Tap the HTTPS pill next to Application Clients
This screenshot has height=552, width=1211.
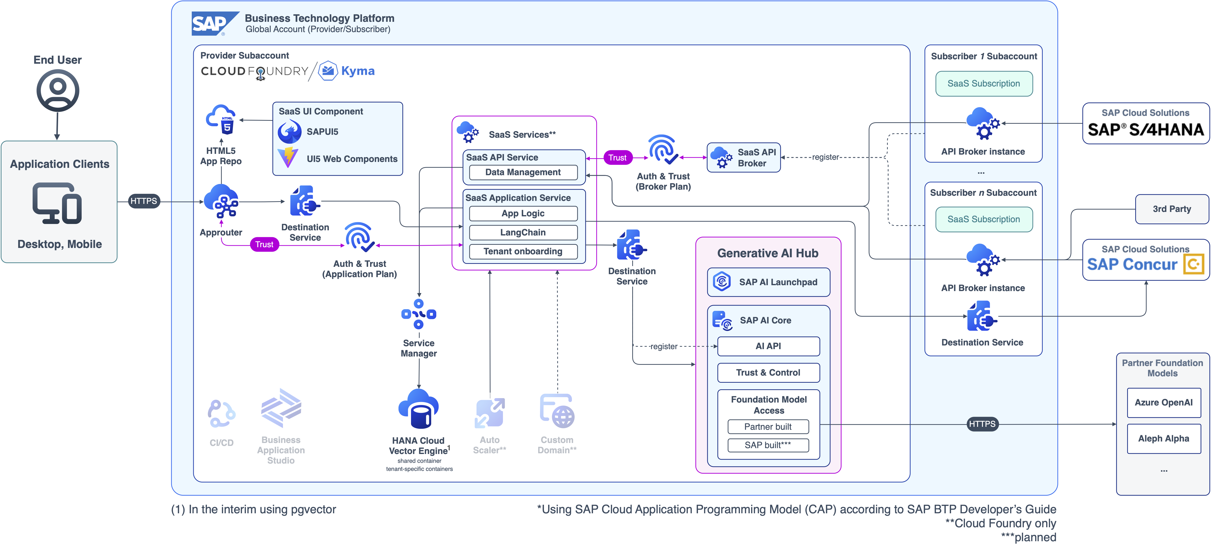pos(144,201)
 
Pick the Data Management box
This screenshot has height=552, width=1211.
pos(523,172)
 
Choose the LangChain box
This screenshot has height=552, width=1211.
pos(523,233)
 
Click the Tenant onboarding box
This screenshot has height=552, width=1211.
pos(523,251)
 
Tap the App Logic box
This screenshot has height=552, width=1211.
pos(523,213)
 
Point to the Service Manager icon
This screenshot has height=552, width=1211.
pos(418,314)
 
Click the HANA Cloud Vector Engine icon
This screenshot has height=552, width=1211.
pos(418,409)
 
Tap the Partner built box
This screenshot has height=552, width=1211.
pos(768,427)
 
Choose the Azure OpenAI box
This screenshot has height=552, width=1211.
pos(1163,403)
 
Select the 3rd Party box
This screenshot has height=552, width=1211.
pos(1172,209)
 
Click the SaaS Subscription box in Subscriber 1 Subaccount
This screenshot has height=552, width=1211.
pos(983,84)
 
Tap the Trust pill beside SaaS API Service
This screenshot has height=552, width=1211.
pos(617,158)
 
